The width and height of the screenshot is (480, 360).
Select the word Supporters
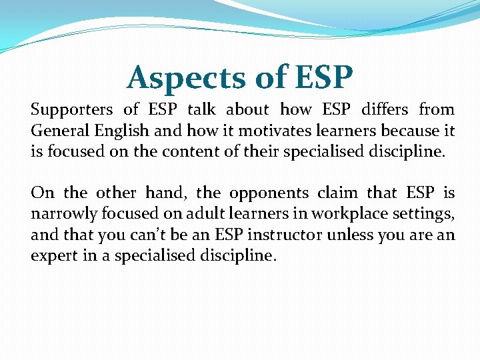[72, 110]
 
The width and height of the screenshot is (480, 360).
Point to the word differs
[384, 109]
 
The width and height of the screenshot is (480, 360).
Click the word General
[58, 131]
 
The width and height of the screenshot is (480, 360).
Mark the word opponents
[269, 194]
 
